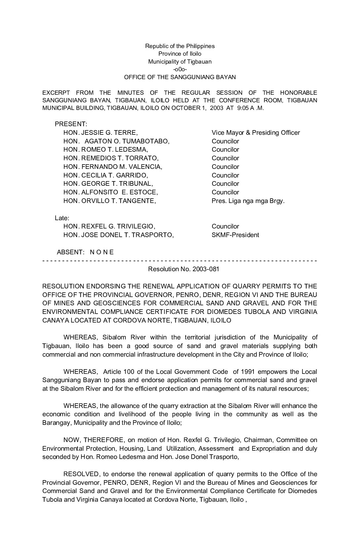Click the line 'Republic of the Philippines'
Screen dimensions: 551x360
pos(180,46)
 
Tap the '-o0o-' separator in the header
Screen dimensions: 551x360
pos(180,69)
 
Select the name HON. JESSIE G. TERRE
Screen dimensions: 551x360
pos(101,133)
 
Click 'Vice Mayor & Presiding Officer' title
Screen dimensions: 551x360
pos(256,133)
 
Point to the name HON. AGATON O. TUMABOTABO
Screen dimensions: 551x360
pos(116,141)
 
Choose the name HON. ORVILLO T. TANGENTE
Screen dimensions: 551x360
pos(110,201)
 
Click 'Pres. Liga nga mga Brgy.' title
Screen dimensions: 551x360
pos(248,201)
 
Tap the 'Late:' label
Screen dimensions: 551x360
pos(62,218)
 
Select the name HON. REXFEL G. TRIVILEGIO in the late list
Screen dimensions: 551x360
pos(109,226)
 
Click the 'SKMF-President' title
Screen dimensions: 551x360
pos(235,235)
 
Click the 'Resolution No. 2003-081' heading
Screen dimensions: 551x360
pos(184,269)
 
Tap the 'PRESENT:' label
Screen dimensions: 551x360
pos(71,124)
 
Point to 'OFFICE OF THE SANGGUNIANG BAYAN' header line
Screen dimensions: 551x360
pos(180,77)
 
